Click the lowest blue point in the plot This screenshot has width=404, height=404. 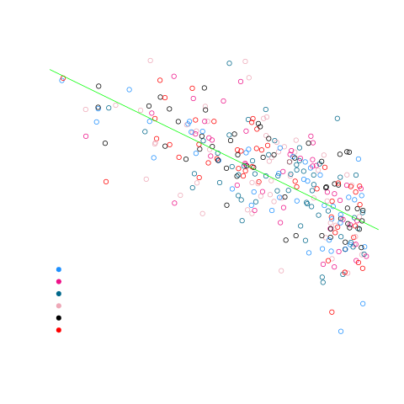click(341, 332)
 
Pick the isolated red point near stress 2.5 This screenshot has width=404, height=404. click(332, 311)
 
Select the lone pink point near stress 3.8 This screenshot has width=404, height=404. click(281, 271)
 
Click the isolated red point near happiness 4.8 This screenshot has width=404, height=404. click(106, 181)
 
